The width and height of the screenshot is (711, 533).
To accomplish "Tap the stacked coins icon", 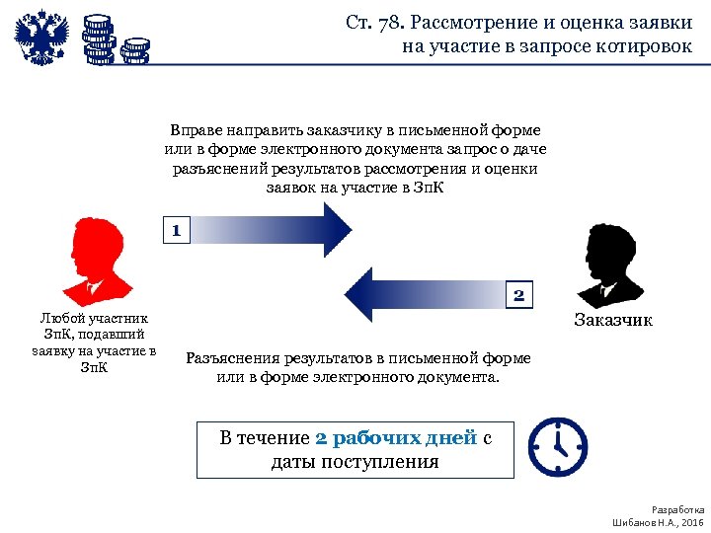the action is (x=115, y=39).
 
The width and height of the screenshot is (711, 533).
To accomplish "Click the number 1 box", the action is (x=176, y=231).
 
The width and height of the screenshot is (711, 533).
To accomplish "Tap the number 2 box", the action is (x=520, y=294).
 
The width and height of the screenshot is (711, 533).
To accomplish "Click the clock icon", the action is (x=557, y=446).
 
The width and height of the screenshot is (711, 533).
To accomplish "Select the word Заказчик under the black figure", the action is (x=613, y=321).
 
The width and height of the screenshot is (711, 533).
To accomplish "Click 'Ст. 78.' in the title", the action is (x=374, y=23).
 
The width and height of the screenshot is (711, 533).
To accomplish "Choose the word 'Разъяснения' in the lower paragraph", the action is (x=230, y=358).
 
